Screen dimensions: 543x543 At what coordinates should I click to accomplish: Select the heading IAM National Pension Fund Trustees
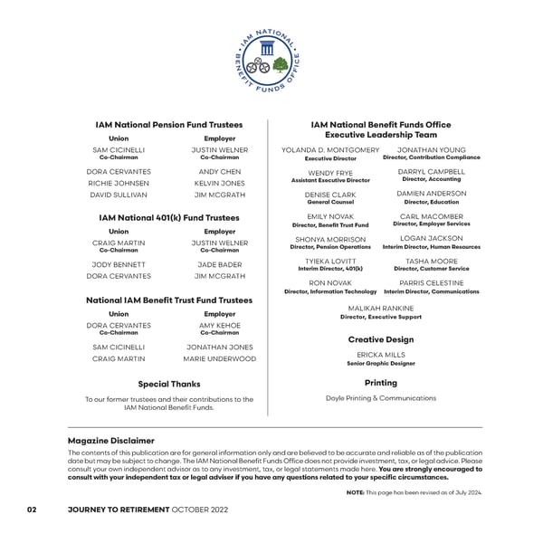coord(169,124)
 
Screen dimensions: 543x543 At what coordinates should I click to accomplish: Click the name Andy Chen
coord(219,171)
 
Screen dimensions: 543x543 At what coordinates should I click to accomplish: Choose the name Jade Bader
coord(219,264)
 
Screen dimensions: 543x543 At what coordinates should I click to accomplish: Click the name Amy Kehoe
coord(219,325)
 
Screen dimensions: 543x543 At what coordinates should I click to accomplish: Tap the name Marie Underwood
coord(219,358)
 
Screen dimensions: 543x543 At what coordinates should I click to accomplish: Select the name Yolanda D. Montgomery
coord(330,149)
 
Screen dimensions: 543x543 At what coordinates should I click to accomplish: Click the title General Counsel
coord(330,203)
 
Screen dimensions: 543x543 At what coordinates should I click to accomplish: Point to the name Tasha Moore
coord(432,261)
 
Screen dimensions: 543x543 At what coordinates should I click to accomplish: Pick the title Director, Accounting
coord(432,179)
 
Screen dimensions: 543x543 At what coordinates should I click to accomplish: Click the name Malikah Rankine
coord(381,309)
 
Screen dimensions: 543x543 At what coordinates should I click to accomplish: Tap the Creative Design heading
coord(381,339)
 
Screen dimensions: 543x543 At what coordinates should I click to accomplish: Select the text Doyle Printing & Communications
coord(381,398)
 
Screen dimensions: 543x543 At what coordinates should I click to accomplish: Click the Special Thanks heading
coord(169,384)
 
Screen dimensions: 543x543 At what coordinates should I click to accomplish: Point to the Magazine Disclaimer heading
coord(111,441)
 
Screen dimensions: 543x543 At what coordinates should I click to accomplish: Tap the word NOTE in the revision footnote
coord(355,492)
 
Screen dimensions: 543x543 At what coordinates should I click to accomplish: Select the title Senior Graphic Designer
coord(381,364)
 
